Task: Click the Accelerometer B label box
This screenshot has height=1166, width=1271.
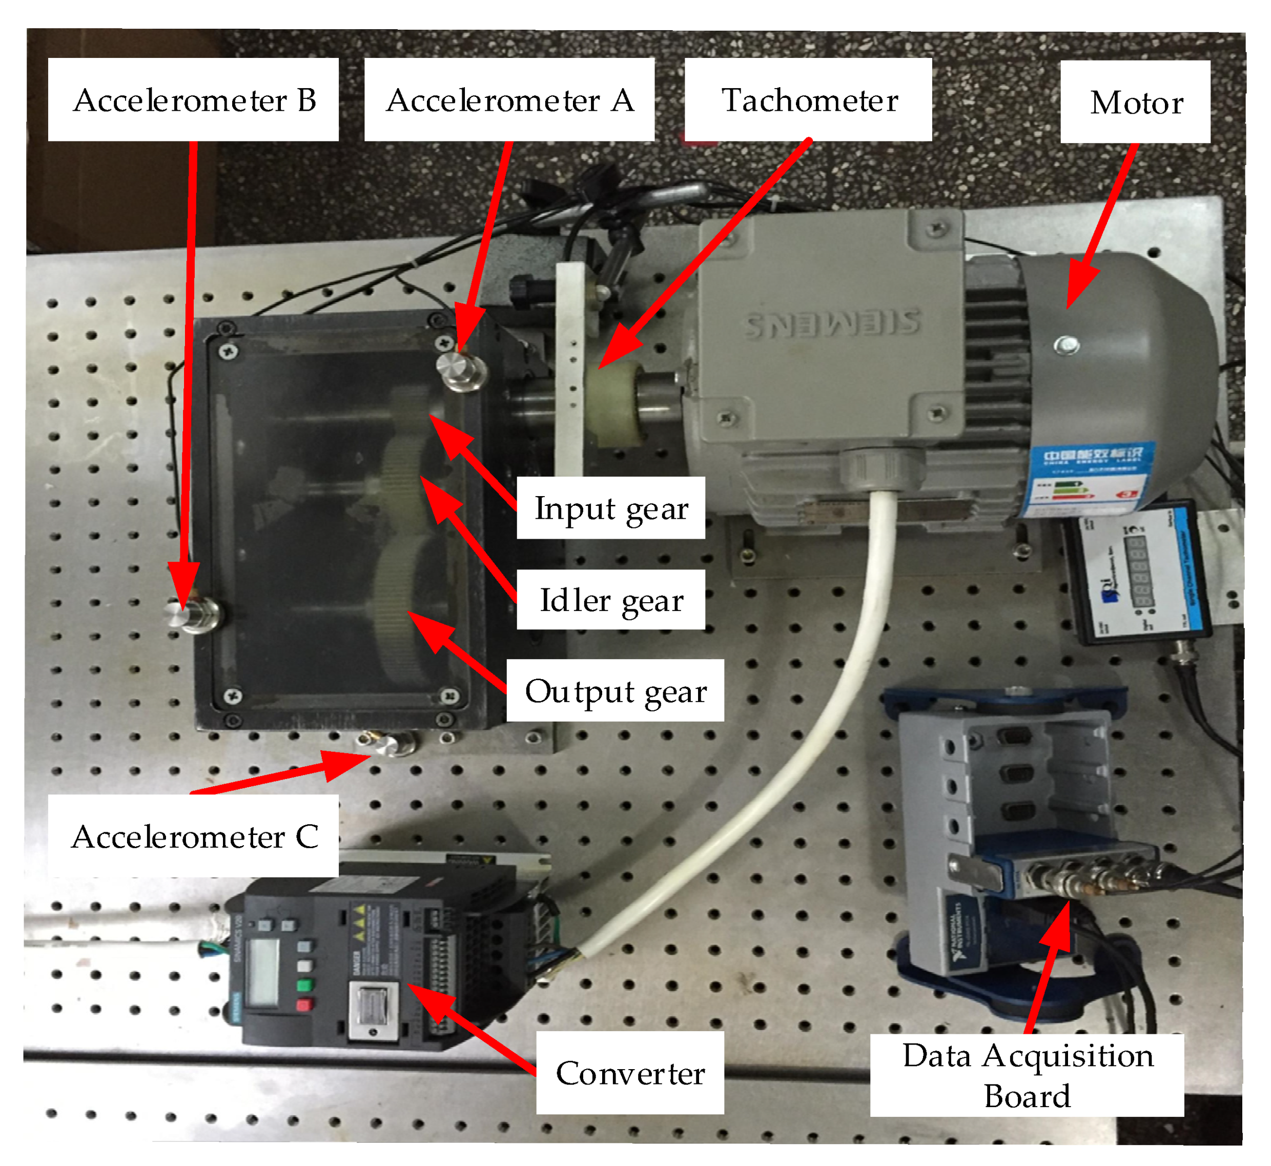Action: pos(193,100)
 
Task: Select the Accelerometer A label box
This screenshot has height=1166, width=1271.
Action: pos(509,100)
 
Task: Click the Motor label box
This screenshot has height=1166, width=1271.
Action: pos(1135,102)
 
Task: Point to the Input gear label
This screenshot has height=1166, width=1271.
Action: pos(610,508)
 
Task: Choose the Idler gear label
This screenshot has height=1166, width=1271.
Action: pos(610,600)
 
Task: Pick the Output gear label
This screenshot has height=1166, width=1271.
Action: pos(615,690)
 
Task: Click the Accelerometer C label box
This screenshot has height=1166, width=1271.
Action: pos(193,836)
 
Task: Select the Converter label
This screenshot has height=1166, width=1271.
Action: pos(629,1073)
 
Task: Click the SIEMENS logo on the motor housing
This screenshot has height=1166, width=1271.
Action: pos(833,323)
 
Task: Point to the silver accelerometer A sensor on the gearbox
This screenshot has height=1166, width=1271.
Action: pos(461,371)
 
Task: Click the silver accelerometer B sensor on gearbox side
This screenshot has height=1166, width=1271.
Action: pos(191,614)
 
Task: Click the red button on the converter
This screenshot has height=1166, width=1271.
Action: pos(304,1005)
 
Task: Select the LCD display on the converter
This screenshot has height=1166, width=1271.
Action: pos(262,972)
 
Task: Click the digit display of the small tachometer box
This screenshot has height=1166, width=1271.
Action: pos(1139,571)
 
